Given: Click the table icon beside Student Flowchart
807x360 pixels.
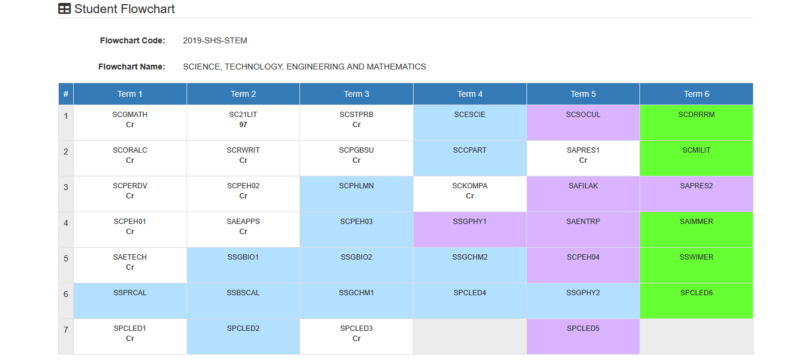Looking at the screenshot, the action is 65,9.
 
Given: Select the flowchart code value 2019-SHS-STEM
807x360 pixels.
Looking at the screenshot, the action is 215,40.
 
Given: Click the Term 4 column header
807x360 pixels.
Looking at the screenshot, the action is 470,94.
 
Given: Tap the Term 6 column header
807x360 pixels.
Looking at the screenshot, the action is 696,94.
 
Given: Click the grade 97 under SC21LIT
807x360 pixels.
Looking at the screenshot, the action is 243,125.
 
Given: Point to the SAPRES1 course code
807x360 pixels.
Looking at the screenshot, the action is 584,150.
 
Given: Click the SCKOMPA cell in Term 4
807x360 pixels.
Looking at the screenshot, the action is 470,194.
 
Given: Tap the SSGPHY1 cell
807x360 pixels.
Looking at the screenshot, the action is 470,230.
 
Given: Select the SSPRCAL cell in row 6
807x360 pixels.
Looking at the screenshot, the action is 130,301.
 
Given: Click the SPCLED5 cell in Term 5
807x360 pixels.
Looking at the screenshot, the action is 584,337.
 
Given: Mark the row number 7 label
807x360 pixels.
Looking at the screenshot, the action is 66,330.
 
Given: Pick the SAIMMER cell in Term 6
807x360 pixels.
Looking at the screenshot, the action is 696,230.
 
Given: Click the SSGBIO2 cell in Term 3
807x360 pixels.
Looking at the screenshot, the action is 357,266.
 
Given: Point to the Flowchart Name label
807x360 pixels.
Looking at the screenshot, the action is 132,67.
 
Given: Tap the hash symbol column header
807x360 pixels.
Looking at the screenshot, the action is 66,94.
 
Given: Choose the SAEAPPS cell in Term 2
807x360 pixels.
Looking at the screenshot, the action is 243,230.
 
